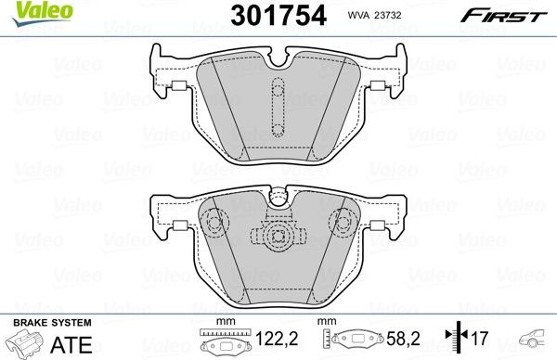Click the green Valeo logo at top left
[x=31, y=10]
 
